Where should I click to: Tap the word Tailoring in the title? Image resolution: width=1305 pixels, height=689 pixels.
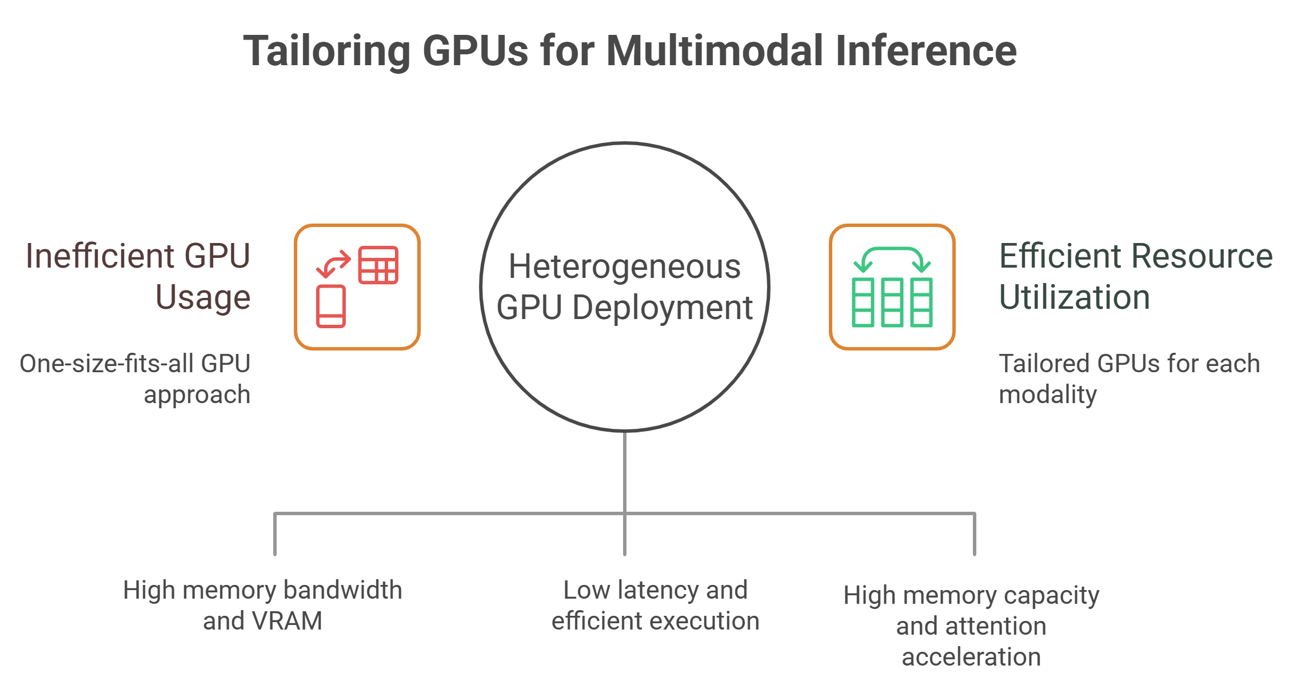pos(326,51)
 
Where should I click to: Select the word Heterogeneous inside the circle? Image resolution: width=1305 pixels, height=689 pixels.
pos(624,266)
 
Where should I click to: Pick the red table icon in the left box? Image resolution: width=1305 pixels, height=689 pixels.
pos(378,265)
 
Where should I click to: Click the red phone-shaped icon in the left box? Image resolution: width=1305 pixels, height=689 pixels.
pos(331,306)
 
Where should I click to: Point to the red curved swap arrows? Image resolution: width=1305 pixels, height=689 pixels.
pos(333,264)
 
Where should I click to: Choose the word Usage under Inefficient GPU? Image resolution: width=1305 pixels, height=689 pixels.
pos(203,297)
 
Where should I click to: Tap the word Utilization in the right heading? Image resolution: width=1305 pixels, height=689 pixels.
pos(1074,297)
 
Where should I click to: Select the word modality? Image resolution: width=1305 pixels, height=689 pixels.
pos(1047,395)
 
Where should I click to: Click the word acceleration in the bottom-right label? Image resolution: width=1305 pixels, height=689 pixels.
pos(971,657)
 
